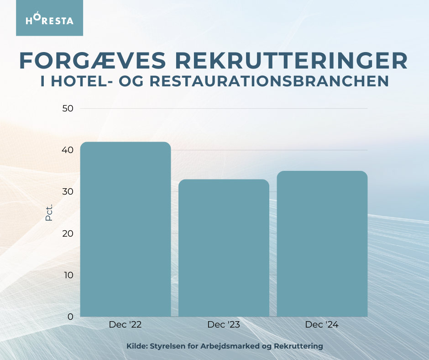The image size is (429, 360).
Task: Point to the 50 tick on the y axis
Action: click(x=68, y=108)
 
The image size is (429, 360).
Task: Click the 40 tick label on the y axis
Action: click(x=68, y=150)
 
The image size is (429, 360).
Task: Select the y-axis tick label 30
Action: click(x=68, y=191)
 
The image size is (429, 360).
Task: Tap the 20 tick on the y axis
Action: click(x=68, y=233)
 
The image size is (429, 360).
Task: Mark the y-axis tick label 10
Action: click(x=68, y=275)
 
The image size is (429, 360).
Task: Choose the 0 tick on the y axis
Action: click(x=70, y=317)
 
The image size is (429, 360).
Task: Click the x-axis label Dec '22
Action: click(x=126, y=325)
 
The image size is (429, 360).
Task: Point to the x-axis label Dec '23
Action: click(x=224, y=325)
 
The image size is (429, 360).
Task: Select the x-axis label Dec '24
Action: click(x=322, y=325)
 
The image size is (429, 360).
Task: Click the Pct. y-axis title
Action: click(x=49, y=212)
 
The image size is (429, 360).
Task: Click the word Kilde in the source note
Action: click(x=136, y=346)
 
